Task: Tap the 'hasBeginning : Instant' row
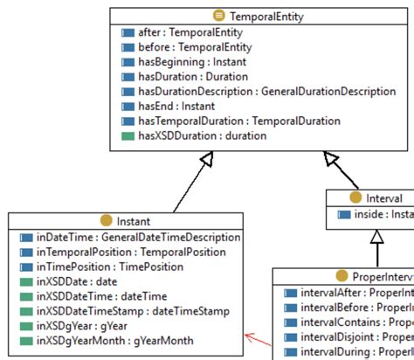193,62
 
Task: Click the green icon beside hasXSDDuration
128,136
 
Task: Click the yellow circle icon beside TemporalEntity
218,15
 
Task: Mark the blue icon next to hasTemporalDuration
128,121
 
